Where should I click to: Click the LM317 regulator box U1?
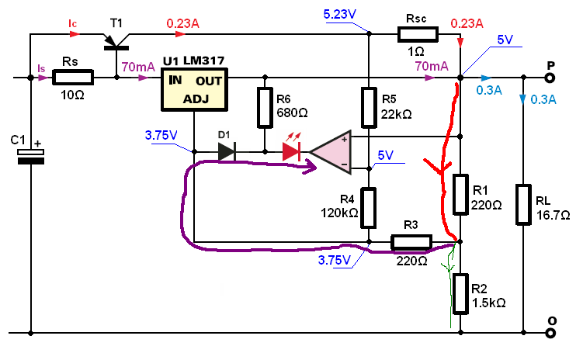click(x=194, y=89)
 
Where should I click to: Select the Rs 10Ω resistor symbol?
click(x=73, y=78)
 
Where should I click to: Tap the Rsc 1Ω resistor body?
click(x=418, y=34)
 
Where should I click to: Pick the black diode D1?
click(x=227, y=151)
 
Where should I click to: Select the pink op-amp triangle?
click(x=331, y=152)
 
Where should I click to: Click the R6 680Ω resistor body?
click(x=265, y=108)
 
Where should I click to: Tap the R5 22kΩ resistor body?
click(x=369, y=108)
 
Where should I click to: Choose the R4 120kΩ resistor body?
click(x=369, y=208)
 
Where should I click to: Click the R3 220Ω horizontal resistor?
click(x=411, y=242)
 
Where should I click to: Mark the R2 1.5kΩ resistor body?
click(x=460, y=294)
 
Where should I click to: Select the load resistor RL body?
click(x=523, y=205)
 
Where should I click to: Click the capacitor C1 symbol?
click(x=31, y=157)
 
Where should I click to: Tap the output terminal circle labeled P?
click(x=550, y=78)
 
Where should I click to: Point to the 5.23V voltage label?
click(x=340, y=15)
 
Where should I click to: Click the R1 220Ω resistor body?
click(x=460, y=195)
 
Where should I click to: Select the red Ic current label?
click(x=72, y=24)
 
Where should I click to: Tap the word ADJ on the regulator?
click(x=196, y=99)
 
